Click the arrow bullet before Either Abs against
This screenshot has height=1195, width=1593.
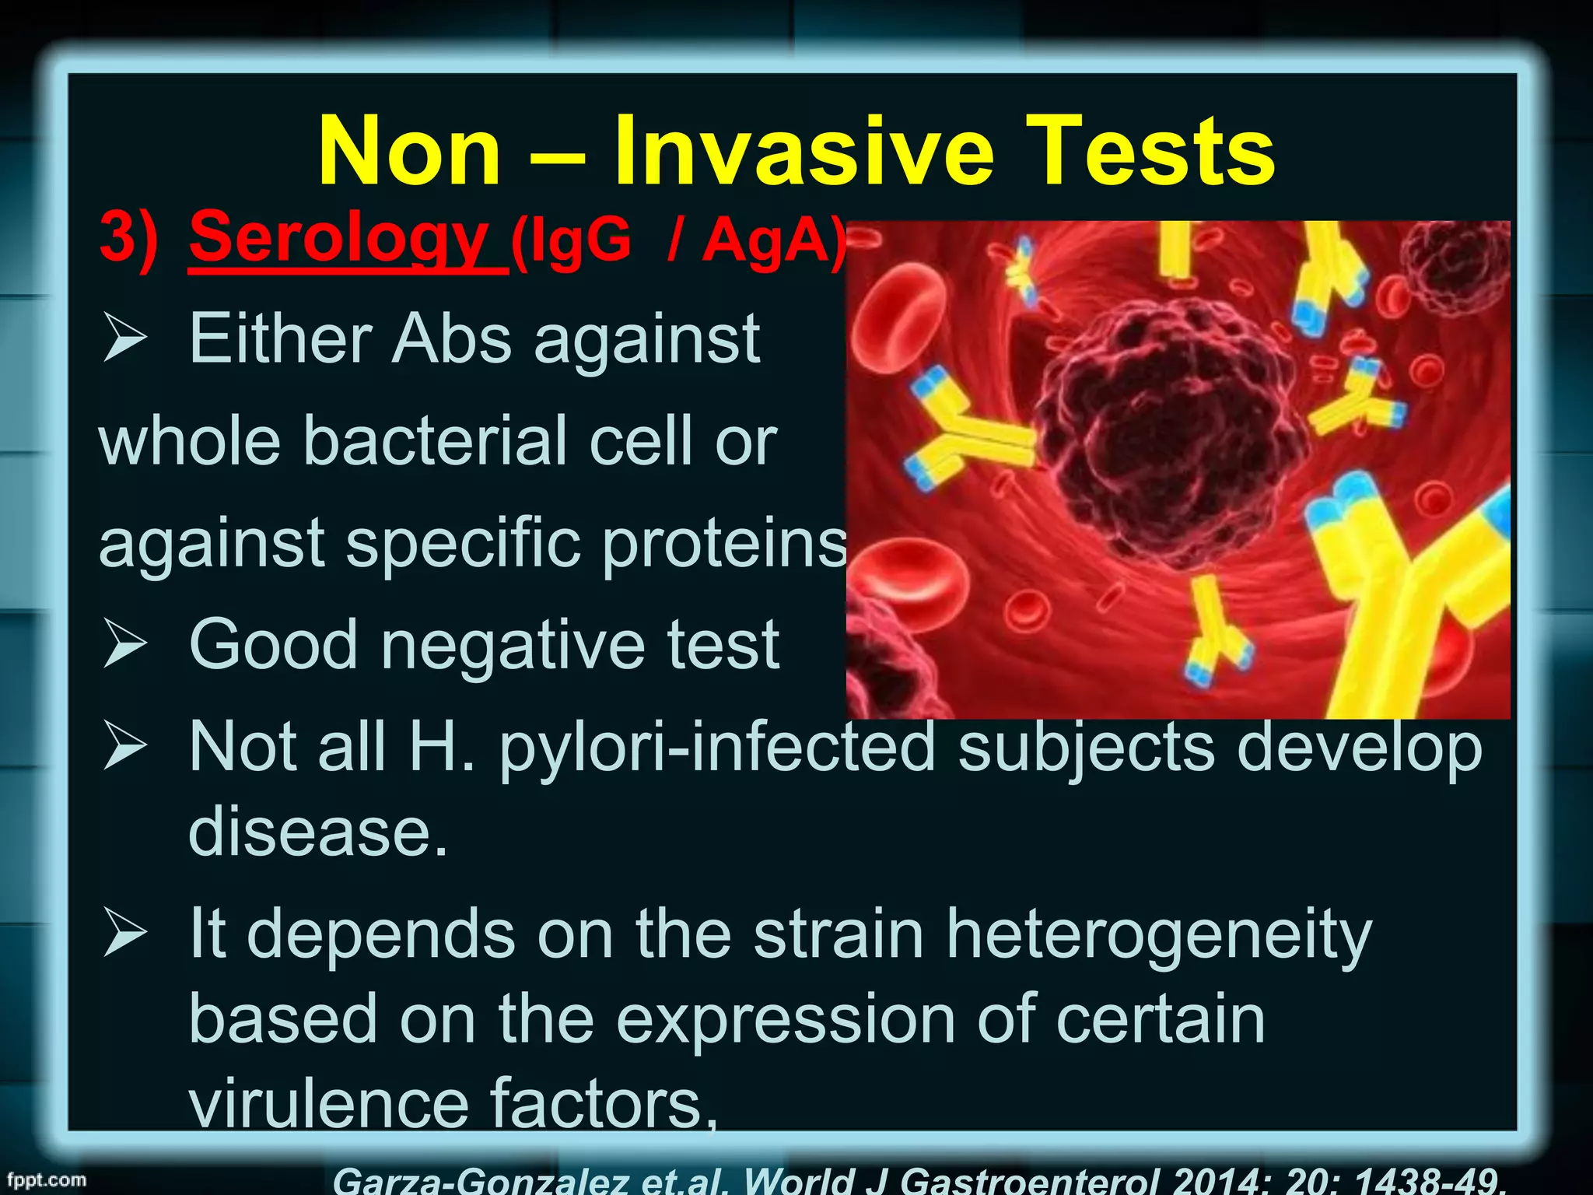125,339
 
